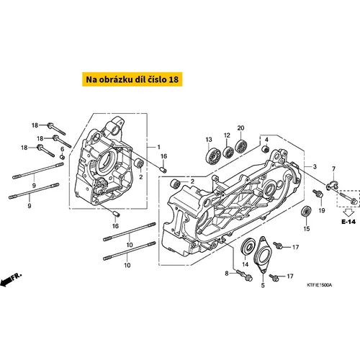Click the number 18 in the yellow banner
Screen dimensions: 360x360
[x=174, y=79]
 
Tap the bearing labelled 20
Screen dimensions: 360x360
[x=241, y=145]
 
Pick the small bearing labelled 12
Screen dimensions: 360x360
[x=228, y=151]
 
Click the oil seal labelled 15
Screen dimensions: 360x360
[x=306, y=212]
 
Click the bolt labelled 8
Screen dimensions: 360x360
[x=244, y=276]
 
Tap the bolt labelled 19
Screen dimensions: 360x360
[x=318, y=194]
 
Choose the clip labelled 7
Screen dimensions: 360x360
[x=332, y=185]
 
